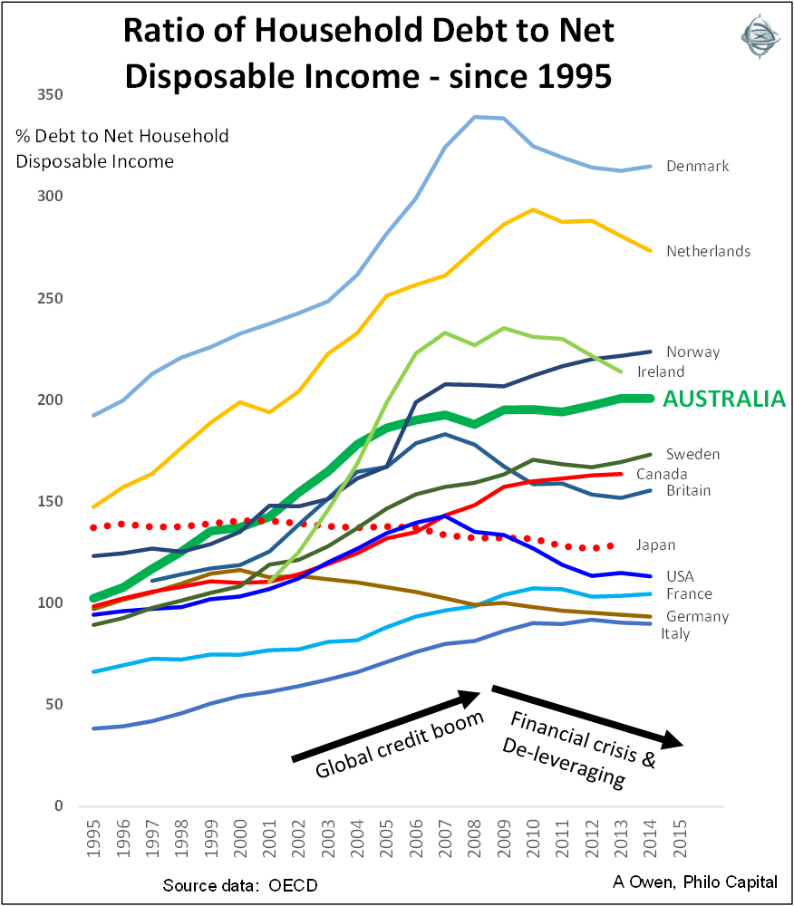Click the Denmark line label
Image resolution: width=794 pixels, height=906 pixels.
(697, 167)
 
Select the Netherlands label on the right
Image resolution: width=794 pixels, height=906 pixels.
(708, 251)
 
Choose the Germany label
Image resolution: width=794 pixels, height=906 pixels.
(696, 617)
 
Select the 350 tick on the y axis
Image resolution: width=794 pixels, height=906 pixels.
(50, 95)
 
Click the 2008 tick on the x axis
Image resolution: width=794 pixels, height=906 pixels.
(476, 843)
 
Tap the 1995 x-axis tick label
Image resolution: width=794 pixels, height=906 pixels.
(94, 843)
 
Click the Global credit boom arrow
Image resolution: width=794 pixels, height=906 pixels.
(385, 728)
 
